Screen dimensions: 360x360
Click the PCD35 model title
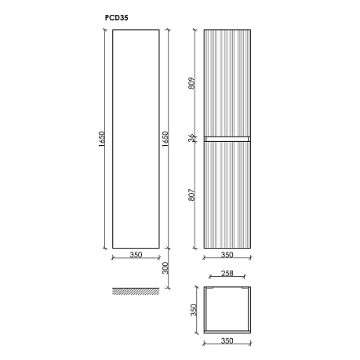pos(116,18)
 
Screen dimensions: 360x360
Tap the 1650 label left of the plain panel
pos(102,139)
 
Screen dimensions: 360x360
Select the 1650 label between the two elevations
pos(165,139)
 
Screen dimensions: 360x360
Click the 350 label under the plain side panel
pos(136,255)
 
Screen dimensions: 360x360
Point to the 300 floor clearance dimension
pos(165,268)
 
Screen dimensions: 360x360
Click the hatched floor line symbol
pos(136,291)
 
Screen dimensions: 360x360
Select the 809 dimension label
pos(192,83)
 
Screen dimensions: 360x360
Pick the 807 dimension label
pos(192,195)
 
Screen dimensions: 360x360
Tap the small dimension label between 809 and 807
pos(192,138)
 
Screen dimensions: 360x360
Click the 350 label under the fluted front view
pos(227,255)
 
